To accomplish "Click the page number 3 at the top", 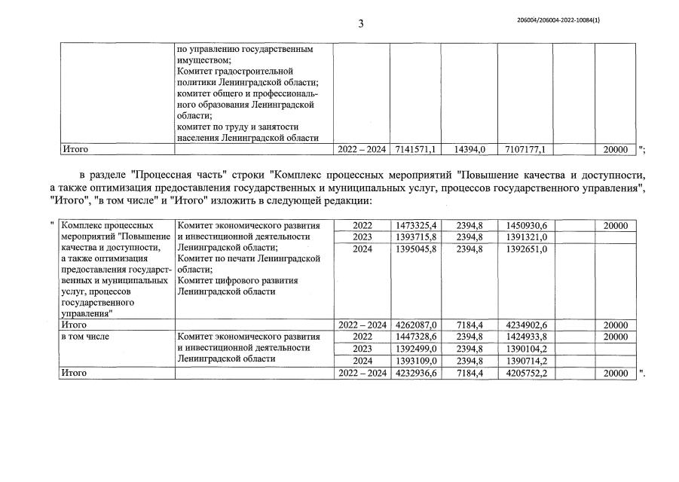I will pos(361,23).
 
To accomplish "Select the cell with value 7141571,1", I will pos(415,150).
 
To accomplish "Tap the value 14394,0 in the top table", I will pos(469,150).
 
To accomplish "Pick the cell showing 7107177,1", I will pos(525,150).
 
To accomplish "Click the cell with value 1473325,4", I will pos(415,226).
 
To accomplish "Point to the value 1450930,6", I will pos(525,226).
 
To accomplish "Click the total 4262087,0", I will pos(416,325).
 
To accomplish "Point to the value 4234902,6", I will pos(525,325).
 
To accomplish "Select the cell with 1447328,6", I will pos(415,337).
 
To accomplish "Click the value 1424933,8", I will pos(525,337).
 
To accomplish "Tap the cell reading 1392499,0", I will pos(415,349).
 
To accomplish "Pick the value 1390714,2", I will pos(525,361).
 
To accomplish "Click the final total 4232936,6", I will pos(415,373).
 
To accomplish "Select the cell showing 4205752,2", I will pos(525,373).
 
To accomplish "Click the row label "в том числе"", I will pos(85,337).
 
